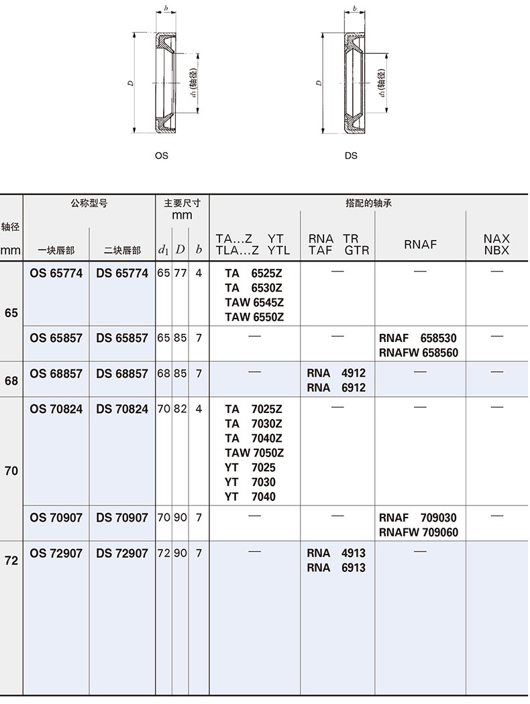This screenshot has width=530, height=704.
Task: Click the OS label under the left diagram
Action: [161, 156]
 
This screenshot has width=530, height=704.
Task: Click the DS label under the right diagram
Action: [351, 156]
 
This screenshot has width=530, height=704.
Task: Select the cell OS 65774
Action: [56, 273]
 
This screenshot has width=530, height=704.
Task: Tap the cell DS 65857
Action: [122, 338]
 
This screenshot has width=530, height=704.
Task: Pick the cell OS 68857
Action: [56, 373]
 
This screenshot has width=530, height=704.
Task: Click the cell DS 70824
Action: [122, 408]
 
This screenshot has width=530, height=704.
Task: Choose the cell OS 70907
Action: [56, 518]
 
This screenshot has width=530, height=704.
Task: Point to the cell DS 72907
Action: [122, 553]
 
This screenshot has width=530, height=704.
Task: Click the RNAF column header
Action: [420, 244]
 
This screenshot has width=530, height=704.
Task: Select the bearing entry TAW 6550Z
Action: [254, 317]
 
